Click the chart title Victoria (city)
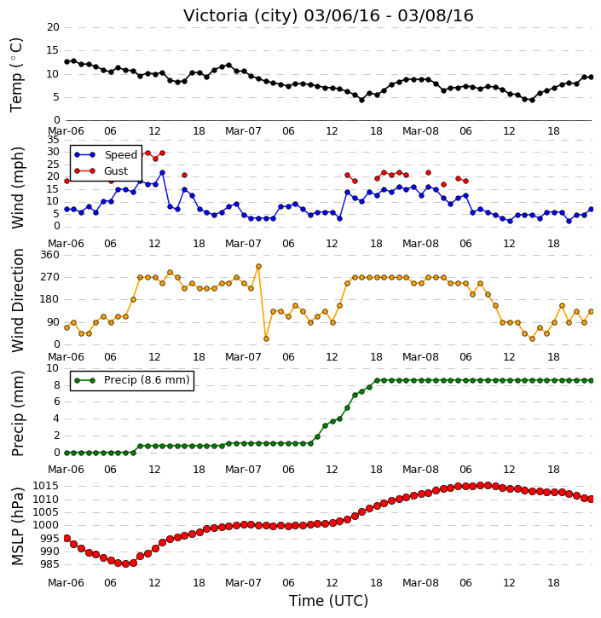(x=240, y=16)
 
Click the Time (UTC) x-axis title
(x=328, y=601)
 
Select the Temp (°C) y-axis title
(x=16, y=75)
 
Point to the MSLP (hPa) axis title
(x=17, y=526)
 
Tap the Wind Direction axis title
(x=18, y=300)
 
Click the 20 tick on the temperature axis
(x=53, y=27)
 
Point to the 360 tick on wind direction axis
(x=50, y=255)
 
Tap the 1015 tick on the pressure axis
(x=45, y=486)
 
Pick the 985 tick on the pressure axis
(x=49, y=564)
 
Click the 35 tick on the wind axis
(x=53, y=140)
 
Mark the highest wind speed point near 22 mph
(x=162, y=173)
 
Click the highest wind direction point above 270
(x=258, y=267)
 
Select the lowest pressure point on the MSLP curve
(x=125, y=564)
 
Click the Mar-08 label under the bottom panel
(x=420, y=582)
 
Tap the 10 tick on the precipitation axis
(x=53, y=368)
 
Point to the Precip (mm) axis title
(x=17, y=413)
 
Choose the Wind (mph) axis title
(x=18, y=188)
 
